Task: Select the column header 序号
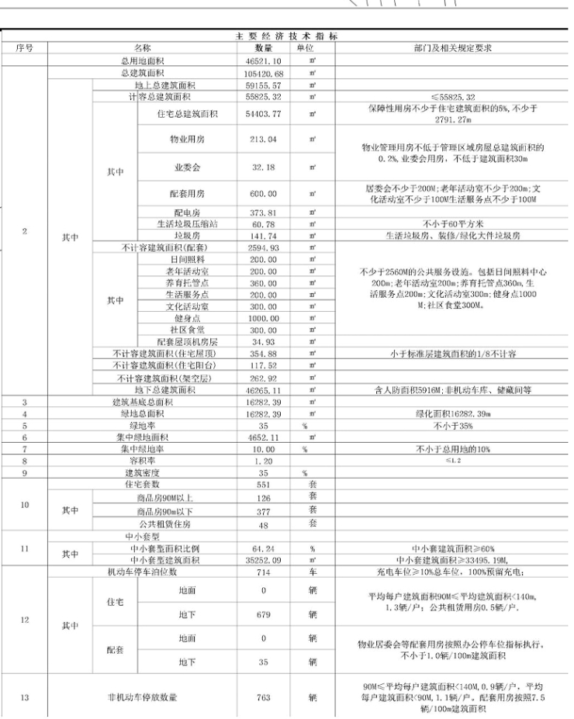(26, 48)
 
